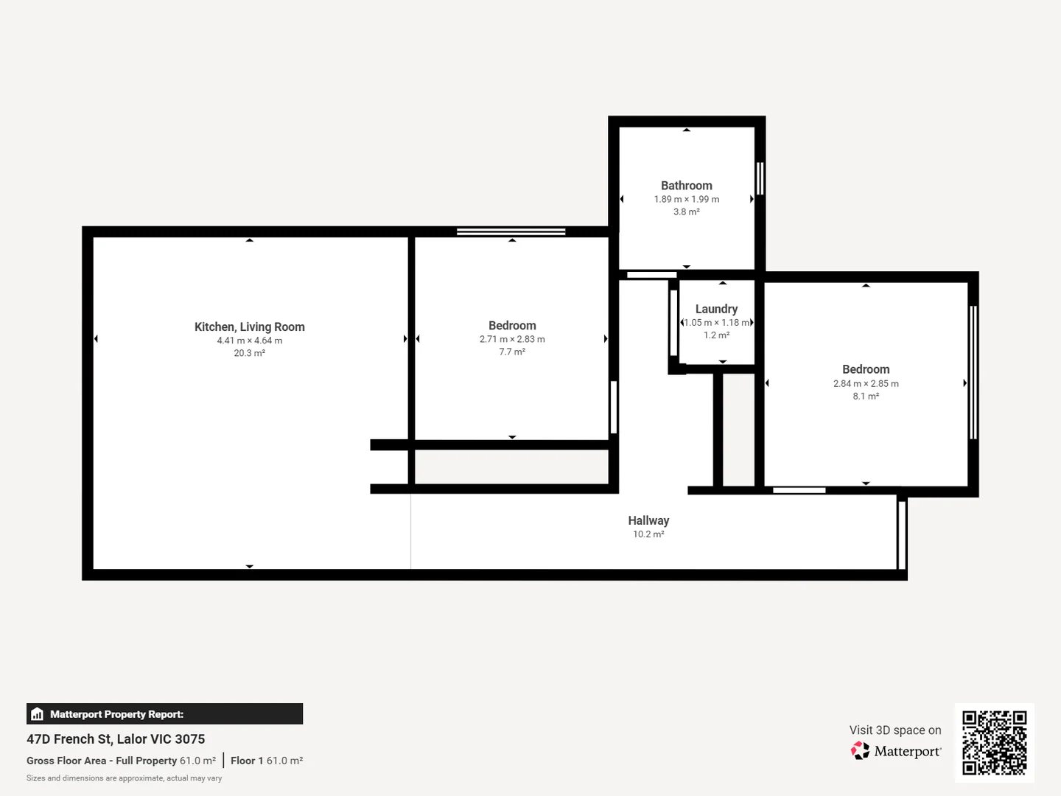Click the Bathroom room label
click(686, 186)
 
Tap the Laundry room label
click(716, 309)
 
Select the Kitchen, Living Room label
click(249, 327)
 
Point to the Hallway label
click(648, 520)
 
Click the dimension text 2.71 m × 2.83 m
click(512, 339)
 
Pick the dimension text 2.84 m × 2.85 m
click(866, 383)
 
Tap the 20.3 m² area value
click(249, 353)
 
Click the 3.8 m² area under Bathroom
click(686, 212)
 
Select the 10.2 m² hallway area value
click(648, 534)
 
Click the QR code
click(994, 742)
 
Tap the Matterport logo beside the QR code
click(896, 751)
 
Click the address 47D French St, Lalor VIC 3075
click(116, 739)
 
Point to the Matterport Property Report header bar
click(164, 713)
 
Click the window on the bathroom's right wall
click(760, 178)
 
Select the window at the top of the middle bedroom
click(511, 231)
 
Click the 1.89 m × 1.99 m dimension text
click(686, 199)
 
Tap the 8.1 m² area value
click(866, 396)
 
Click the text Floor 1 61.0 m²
click(267, 761)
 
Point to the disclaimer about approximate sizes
click(124, 778)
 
